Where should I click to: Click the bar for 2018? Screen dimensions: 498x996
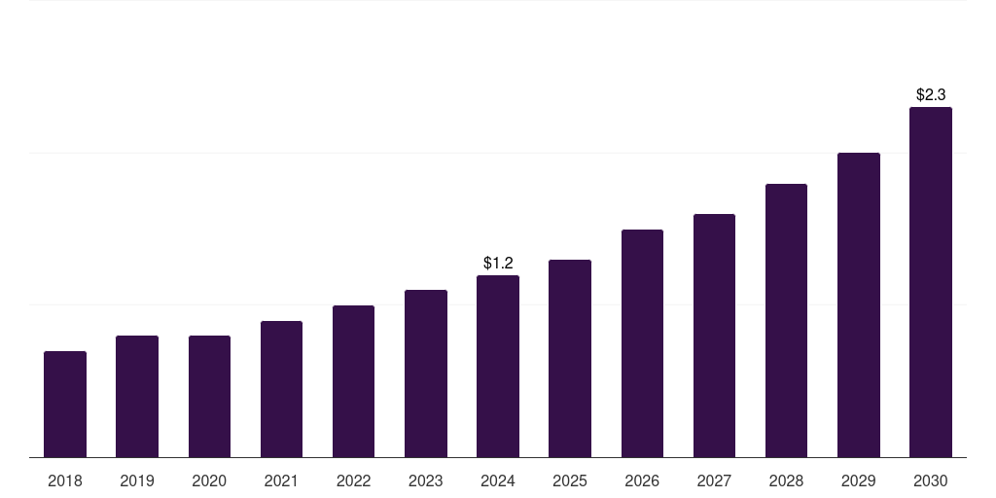click(65, 404)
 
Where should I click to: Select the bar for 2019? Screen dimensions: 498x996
click(137, 396)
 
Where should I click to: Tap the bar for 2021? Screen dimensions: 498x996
click(281, 389)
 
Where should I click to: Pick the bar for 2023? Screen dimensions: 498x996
click(426, 373)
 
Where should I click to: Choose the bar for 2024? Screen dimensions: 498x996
click(498, 366)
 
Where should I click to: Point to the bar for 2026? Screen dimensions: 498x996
click(642, 343)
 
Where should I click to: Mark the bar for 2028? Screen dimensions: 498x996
click(786, 320)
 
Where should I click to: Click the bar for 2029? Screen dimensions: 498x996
click(859, 304)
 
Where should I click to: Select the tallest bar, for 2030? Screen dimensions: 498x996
click(931, 282)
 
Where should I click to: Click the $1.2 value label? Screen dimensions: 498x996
click(498, 263)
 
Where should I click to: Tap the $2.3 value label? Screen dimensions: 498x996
click(931, 94)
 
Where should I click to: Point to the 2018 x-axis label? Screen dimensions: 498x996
click(65, 480)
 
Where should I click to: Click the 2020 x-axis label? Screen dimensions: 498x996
click(209, 480)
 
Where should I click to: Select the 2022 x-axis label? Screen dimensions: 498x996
click(354, 480)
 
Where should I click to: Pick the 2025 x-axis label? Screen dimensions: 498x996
click(570, 480)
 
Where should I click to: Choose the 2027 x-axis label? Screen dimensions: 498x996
click(714, 480)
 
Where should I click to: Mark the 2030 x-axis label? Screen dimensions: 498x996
click(931, 480)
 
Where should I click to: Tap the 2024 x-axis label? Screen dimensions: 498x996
click(498, 480)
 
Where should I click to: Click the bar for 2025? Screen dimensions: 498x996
click(570, 358)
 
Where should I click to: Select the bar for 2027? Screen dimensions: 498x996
click(714, 336)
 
